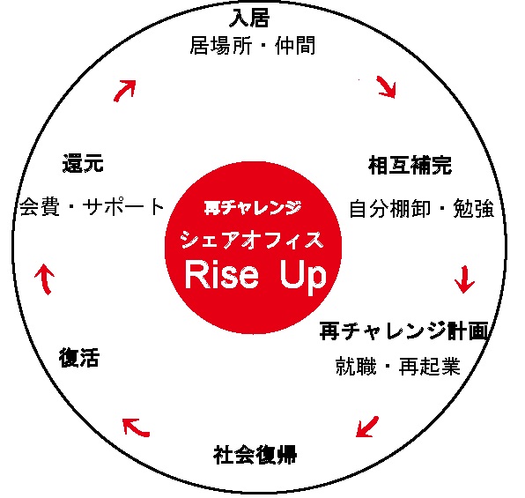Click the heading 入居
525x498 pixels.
point(249,18)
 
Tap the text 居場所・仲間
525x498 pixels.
point(253,46)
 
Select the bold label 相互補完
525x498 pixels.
point(410,165)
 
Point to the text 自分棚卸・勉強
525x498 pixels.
point(422,208)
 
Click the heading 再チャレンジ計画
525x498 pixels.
point(403,331)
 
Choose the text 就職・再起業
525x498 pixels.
point(398,366)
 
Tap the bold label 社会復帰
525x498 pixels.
point(255,455)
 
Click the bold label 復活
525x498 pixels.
point(79,358)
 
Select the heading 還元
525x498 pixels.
point(83,163)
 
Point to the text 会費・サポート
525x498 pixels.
point(92,207)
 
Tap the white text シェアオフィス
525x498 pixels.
point(253,240)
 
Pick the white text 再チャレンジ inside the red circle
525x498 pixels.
point(253,208)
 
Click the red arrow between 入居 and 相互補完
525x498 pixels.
point(387,87)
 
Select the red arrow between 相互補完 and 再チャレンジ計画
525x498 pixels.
point(465,279)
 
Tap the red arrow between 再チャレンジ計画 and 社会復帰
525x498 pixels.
point(367,427)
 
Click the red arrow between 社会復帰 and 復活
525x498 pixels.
point(136,427)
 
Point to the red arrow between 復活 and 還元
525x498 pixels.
point(45,279)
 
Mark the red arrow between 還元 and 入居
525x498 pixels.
point(124,90)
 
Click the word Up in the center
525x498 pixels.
point(303,277)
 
